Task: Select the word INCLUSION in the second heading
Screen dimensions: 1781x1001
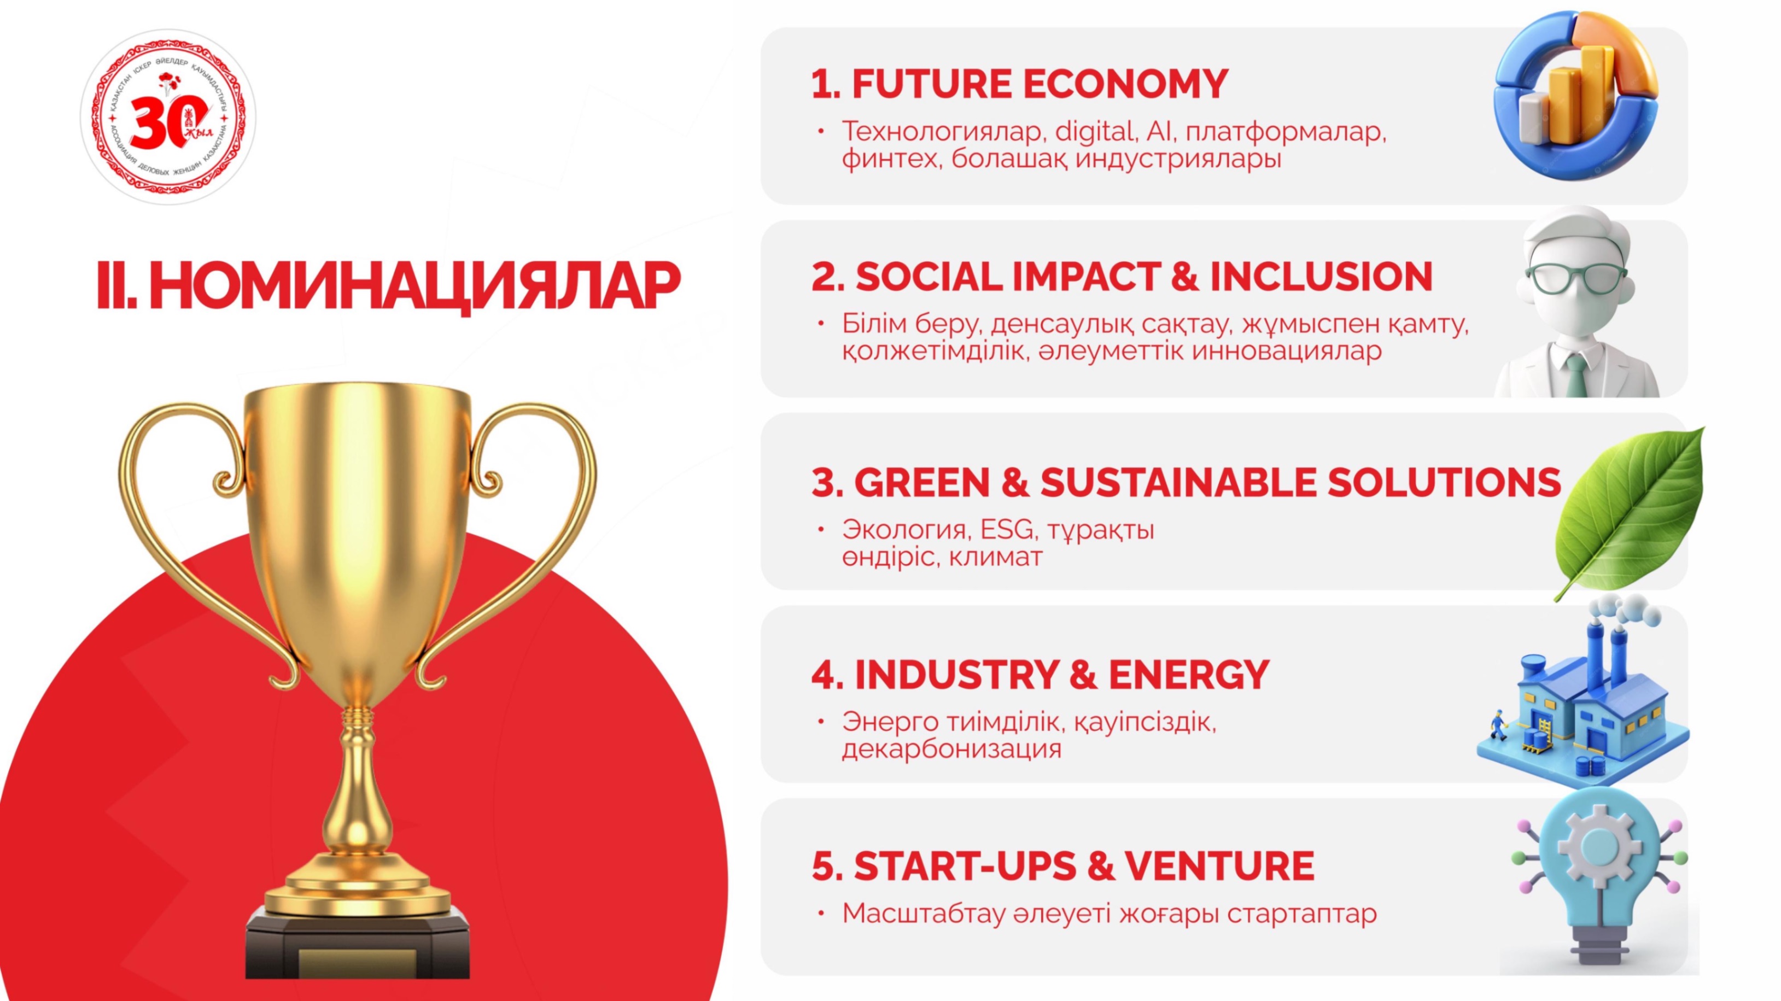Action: pyautogui.click(x=1321, y=277)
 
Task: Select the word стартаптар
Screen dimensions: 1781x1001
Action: pyautogui.click(x=1302, y=914)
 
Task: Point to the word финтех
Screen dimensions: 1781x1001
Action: pyautogui.click(x=891, y=159)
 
